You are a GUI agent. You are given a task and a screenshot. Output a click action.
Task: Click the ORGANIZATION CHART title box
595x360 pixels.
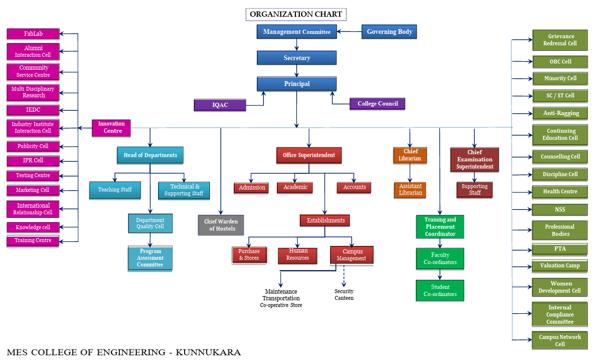click(x=296, y=14)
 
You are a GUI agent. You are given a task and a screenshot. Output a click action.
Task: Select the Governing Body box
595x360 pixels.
click(x=389, y=32)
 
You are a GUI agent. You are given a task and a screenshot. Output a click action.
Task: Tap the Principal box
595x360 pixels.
click(x=297, y=84)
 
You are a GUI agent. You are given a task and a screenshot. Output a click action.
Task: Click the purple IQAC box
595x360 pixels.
click(x=220, y=105)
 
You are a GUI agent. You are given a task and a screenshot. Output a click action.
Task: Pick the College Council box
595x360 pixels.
click(x=377, y=104)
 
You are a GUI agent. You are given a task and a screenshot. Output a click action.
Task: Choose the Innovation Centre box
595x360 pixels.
click(x=111, y=127)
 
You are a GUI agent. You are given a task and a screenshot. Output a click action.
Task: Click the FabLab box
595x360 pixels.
click(x=33, y=34)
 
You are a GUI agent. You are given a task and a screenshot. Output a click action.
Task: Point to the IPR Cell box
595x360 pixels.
click(x=33, y=160)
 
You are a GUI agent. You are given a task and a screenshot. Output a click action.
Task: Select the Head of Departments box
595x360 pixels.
click(x=150, y=155)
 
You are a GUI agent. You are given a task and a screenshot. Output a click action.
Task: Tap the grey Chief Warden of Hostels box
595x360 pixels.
click(x=221, y=225)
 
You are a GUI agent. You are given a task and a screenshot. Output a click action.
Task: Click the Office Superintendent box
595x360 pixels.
click(x=309, y=155)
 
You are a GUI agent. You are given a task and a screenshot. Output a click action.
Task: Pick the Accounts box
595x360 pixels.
click(x=354, y=188)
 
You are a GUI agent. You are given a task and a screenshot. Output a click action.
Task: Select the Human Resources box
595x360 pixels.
click(x=298, y=255)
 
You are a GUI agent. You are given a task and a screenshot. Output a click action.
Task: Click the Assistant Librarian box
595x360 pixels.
click(x=410, y=190)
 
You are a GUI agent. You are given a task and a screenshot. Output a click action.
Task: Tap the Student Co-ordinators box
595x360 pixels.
click(x=440, y=290)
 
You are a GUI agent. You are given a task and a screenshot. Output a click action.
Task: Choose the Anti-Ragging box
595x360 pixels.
click(x=560, y=114)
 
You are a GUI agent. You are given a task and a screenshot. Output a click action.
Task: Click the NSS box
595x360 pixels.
click(x=560, y=209)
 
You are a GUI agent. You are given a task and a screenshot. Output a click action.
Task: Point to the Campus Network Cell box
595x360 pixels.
click(x=560, y=340)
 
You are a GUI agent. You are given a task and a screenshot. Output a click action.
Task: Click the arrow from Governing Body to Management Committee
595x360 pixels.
click(x=349, y=32)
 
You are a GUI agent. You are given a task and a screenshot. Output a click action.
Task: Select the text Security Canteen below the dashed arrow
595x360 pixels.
click(x=344, y=295)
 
